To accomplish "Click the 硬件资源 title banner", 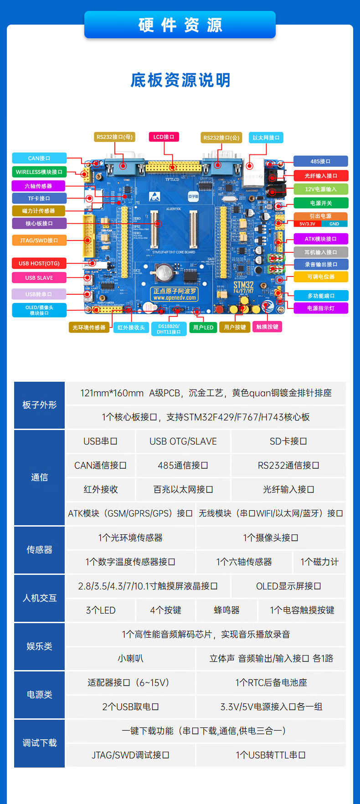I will (180, 25).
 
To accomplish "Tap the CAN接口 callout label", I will (39, 158).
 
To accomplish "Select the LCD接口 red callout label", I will (164, 137).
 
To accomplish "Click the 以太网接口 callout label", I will (266, 138).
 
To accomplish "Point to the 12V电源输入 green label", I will (321, 189).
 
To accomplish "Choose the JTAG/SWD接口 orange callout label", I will (39, 240).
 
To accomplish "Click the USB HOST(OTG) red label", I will (39, 263).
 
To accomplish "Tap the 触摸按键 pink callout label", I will (267, 327).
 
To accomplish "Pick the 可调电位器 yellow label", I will (321, 277).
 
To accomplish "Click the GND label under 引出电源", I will (334, 224).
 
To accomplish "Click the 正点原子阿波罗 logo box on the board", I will (175, 294).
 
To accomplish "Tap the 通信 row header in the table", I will (39, 477).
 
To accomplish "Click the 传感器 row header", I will (39, 550).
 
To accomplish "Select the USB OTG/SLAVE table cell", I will (183, 441).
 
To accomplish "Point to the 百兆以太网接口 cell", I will (183, 490).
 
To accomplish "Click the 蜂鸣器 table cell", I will (226, 610).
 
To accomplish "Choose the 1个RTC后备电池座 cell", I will (271, 683).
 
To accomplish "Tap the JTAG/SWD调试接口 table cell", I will (130, 755).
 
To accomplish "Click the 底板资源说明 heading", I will (180, 80).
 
